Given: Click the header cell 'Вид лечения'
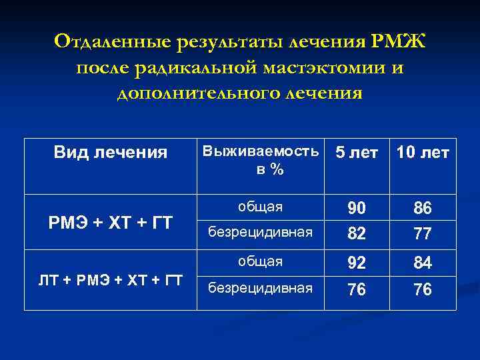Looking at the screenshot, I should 111,153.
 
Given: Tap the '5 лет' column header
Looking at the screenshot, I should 357,153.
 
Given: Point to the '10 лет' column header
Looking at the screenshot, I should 423,153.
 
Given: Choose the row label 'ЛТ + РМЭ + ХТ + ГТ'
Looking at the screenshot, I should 111,279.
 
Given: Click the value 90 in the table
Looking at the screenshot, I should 357,209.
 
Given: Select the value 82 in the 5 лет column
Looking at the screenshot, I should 357,233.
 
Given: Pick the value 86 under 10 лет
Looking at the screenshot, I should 423,209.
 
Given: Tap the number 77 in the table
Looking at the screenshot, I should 423,233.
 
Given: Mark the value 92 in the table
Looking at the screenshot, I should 357,264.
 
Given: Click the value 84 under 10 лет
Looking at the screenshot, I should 423,264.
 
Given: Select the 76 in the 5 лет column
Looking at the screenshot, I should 357,289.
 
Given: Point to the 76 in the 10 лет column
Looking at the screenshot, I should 423,289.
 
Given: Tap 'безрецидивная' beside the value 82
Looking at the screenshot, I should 261,233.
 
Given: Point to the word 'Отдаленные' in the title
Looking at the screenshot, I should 112,43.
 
